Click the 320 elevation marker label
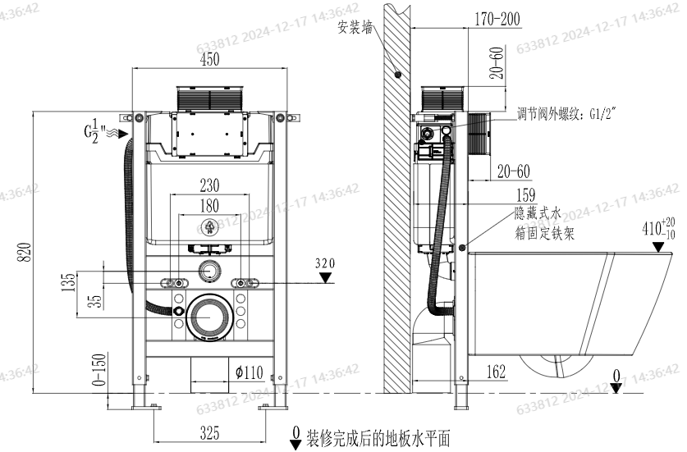[327, 263]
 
